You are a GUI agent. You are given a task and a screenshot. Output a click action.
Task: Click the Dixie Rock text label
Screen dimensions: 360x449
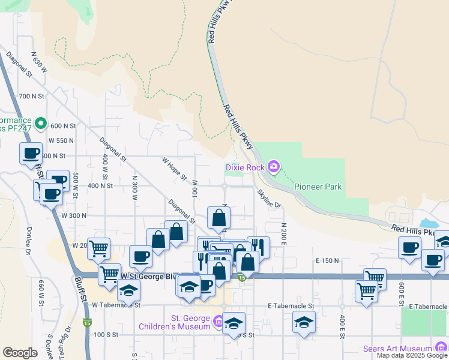(245, 167)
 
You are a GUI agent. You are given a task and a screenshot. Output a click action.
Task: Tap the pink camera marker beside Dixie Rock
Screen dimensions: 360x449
(274, 166)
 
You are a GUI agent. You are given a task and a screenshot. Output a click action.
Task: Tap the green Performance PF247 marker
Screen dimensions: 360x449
(41, 124)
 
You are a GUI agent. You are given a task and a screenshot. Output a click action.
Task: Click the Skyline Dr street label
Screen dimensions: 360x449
(270, 199)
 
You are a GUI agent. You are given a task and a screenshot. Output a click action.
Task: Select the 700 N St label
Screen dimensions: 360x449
(32, 96)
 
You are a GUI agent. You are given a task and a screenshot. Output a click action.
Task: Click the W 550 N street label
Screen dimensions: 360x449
(61, 140)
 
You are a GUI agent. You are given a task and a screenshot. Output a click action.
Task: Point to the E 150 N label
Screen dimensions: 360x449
(327, 260)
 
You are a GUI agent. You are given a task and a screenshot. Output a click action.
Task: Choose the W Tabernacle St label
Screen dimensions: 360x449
(116, 305)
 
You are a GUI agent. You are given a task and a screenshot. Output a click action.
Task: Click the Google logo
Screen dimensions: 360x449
(20, 353)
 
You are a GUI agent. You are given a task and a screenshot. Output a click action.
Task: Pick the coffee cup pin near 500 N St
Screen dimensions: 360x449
(31, 152)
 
